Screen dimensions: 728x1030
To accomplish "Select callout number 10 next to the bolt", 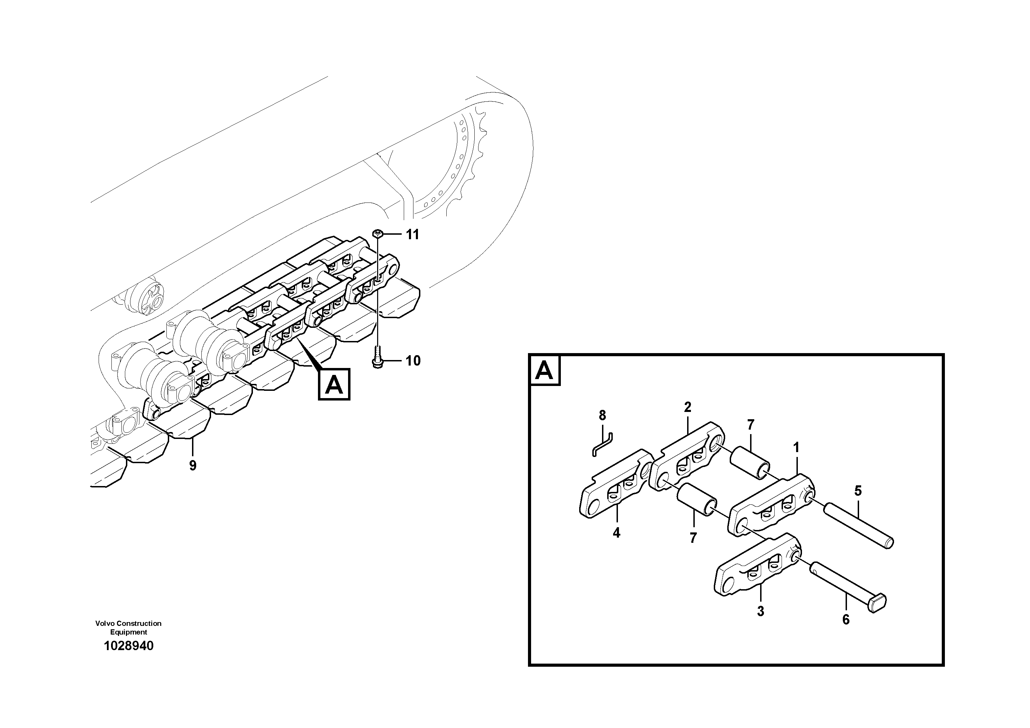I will pos(413,360).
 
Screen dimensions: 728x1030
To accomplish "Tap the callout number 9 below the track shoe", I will pos(192,466).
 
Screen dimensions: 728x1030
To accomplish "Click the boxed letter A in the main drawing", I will pos(334,384).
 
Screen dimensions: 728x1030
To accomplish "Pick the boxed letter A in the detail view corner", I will pos(545,371).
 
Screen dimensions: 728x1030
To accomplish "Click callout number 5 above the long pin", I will pos(858,491).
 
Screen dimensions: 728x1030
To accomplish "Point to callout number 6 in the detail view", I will pos(846,620).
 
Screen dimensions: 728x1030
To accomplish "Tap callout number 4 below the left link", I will pos(617,533).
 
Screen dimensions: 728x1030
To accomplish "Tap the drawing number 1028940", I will pos(128,646).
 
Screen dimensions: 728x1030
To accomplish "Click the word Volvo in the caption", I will pos(105,623).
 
